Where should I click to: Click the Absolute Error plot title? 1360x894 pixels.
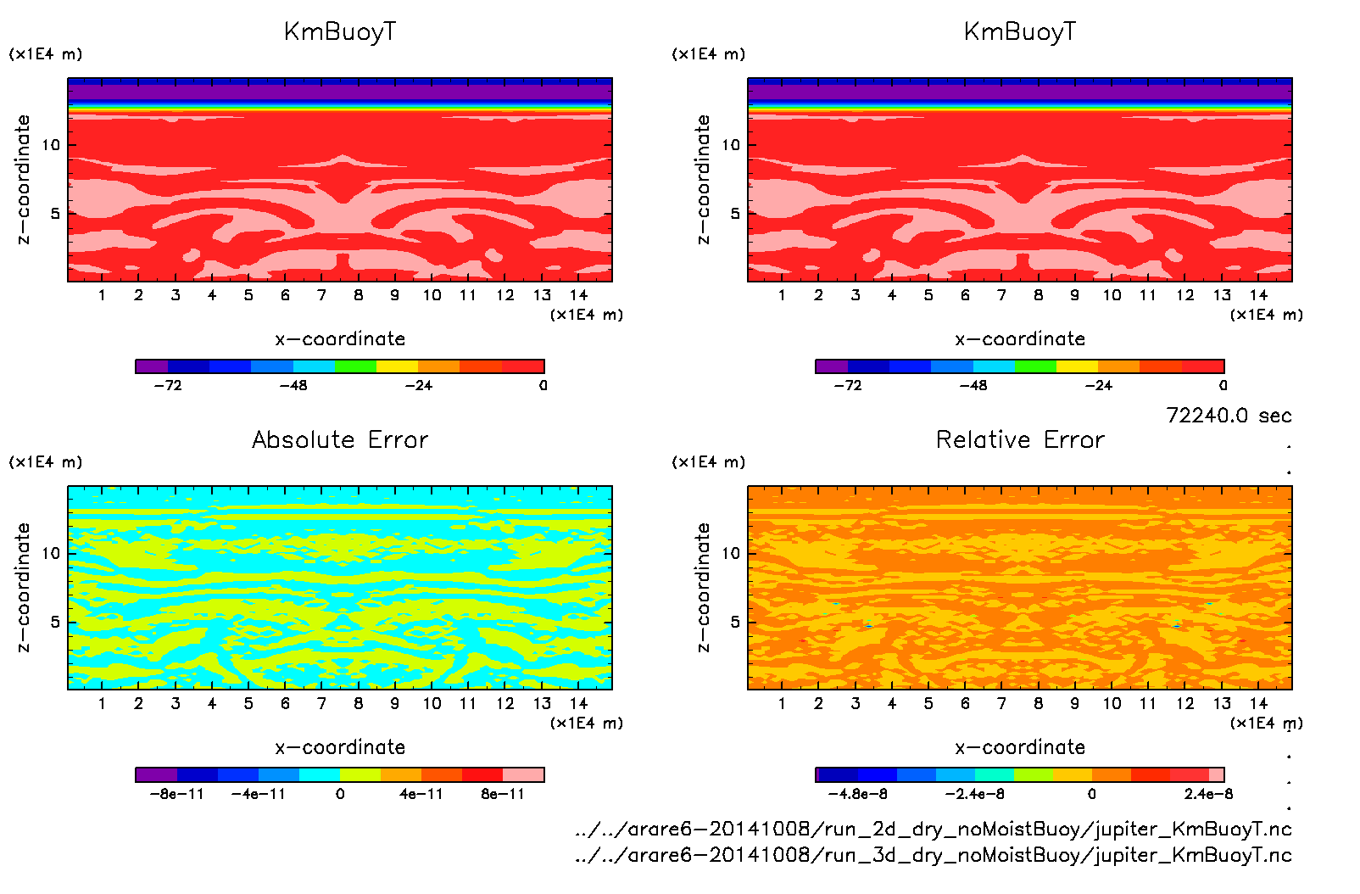pos(340,439)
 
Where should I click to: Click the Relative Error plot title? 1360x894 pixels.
pos(1020,439)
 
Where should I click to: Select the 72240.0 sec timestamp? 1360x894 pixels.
pos(1229,416)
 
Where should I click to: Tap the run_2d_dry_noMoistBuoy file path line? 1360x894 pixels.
pos(933,829)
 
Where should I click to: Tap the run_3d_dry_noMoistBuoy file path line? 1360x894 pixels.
pos(933,854)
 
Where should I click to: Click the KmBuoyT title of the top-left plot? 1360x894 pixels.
pos(340,32)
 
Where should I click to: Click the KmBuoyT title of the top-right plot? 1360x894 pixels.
pos(1020,32)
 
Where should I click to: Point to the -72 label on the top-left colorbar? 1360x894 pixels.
pos(168,385)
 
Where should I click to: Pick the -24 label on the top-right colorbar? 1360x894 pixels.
pos(1098,385)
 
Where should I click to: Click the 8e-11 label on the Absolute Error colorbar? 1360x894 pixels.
pos(503,794)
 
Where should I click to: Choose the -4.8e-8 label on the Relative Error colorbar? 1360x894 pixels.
pos(857,794)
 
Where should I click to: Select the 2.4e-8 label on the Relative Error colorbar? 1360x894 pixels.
pos(1208,794)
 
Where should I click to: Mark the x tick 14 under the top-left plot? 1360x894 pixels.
pos(578,295)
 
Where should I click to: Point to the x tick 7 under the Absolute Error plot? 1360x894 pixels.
pos(321,703)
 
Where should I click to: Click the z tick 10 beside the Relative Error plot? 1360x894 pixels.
pos(731,554)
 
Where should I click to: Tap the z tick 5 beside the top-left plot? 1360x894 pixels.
pos(56,214)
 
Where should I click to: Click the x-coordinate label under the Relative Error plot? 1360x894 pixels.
pos(1020,747)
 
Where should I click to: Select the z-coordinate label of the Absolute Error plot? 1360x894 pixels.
pos(24,587)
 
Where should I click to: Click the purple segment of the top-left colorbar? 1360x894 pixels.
pos(152,366)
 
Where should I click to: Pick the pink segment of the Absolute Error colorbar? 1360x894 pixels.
pos(523,774)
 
